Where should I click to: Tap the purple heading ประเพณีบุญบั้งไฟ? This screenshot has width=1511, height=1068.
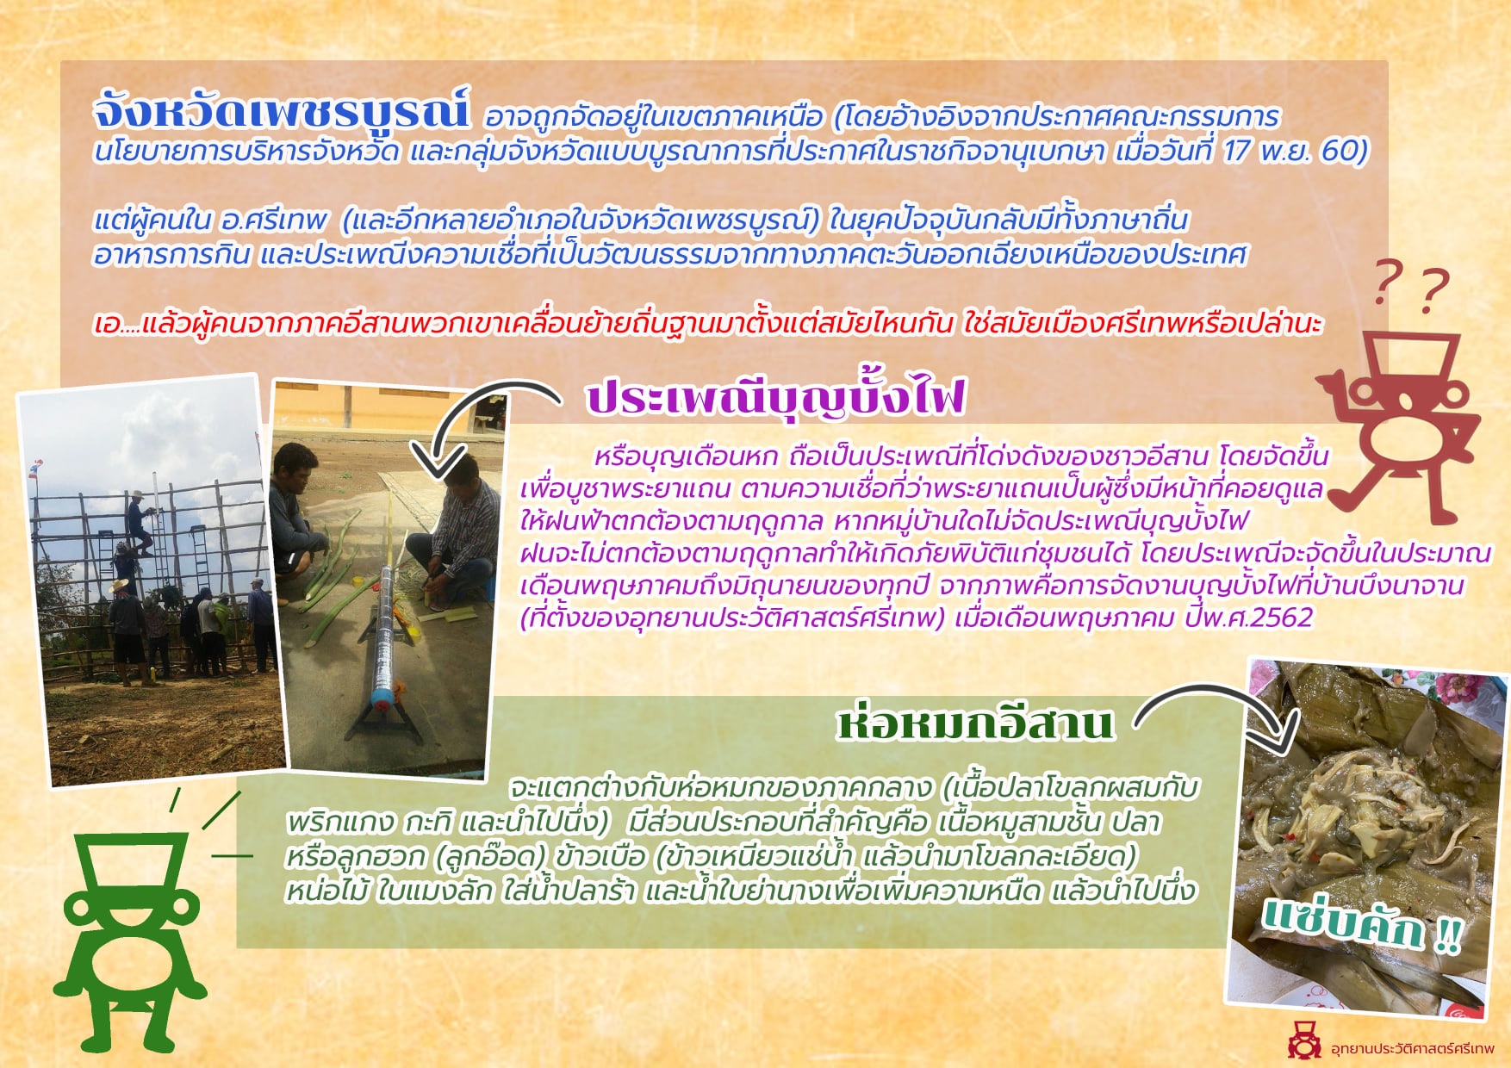(775, 397)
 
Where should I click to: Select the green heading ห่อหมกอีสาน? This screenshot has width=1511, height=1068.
(976, 723)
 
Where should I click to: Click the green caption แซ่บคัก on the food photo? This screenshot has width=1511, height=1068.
(1362, 924)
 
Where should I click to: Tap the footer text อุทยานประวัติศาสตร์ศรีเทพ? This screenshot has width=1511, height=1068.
(1413, 1048)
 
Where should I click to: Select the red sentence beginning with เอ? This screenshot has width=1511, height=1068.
(707, 325)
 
